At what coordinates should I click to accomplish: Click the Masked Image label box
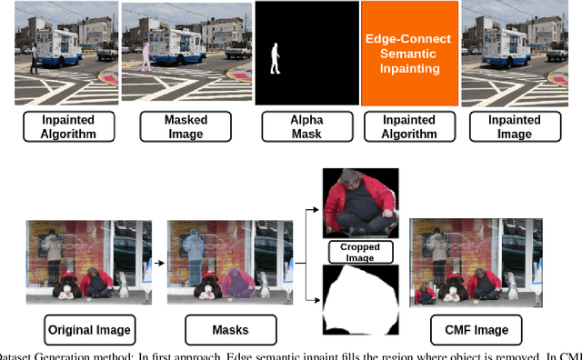pyautogui.click(x=185, y=127)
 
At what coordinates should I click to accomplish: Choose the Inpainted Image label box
pyautogui.click(x=512, y=127)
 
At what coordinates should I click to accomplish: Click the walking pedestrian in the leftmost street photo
pyautogui.click(x=34, y=58)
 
